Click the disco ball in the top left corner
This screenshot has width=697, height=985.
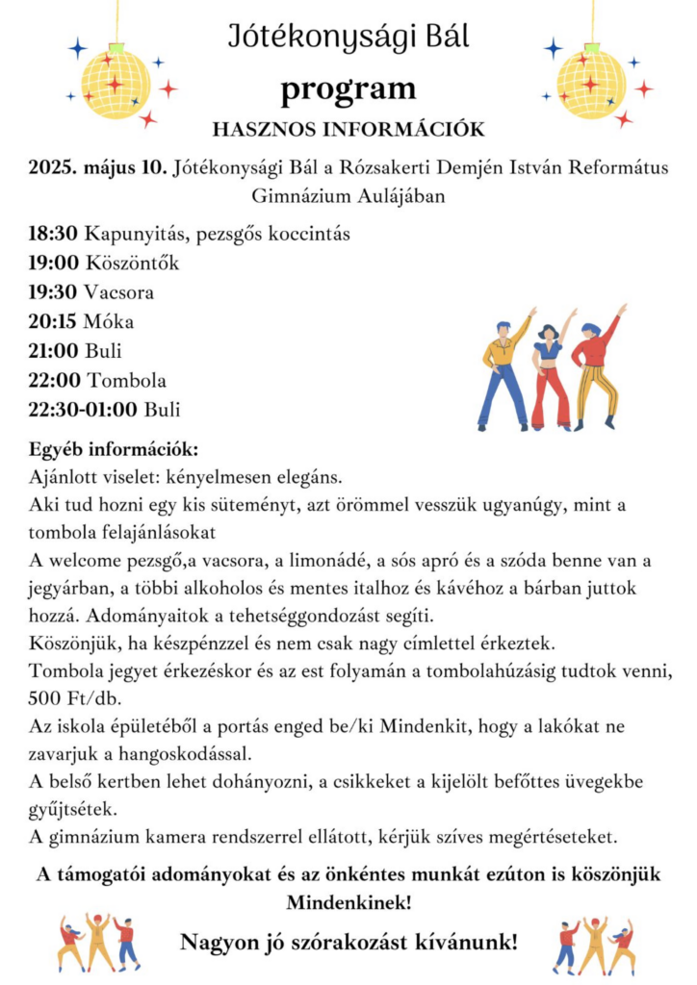tap(116, 83)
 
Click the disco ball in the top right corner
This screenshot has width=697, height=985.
tap(591, 83)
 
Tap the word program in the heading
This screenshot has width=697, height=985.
tap(348, 89)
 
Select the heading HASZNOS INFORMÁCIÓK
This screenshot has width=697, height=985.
tap(348, 129)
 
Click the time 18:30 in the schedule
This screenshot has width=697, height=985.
tap(54, 234)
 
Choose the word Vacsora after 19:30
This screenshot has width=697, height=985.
tap(119, 292)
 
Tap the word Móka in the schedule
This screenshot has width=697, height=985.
tap(109, 321)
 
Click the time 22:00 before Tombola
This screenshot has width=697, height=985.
tap(54, 380)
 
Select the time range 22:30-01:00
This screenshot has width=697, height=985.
tap(83, 409)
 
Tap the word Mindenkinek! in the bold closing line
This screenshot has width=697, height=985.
tap(348, 903)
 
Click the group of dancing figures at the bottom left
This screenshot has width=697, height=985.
tap(98, 943)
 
